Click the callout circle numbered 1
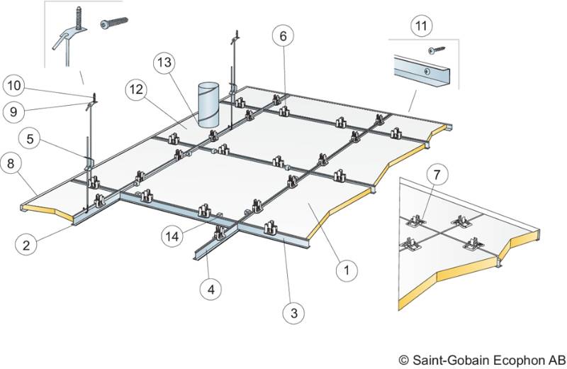[x=346, y=270]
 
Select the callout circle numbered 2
[x=26, y=245]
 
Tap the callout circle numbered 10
[x=15, y=87]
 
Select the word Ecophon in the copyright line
[x=512, y=360]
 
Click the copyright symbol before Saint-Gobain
[x=403, y=360]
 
